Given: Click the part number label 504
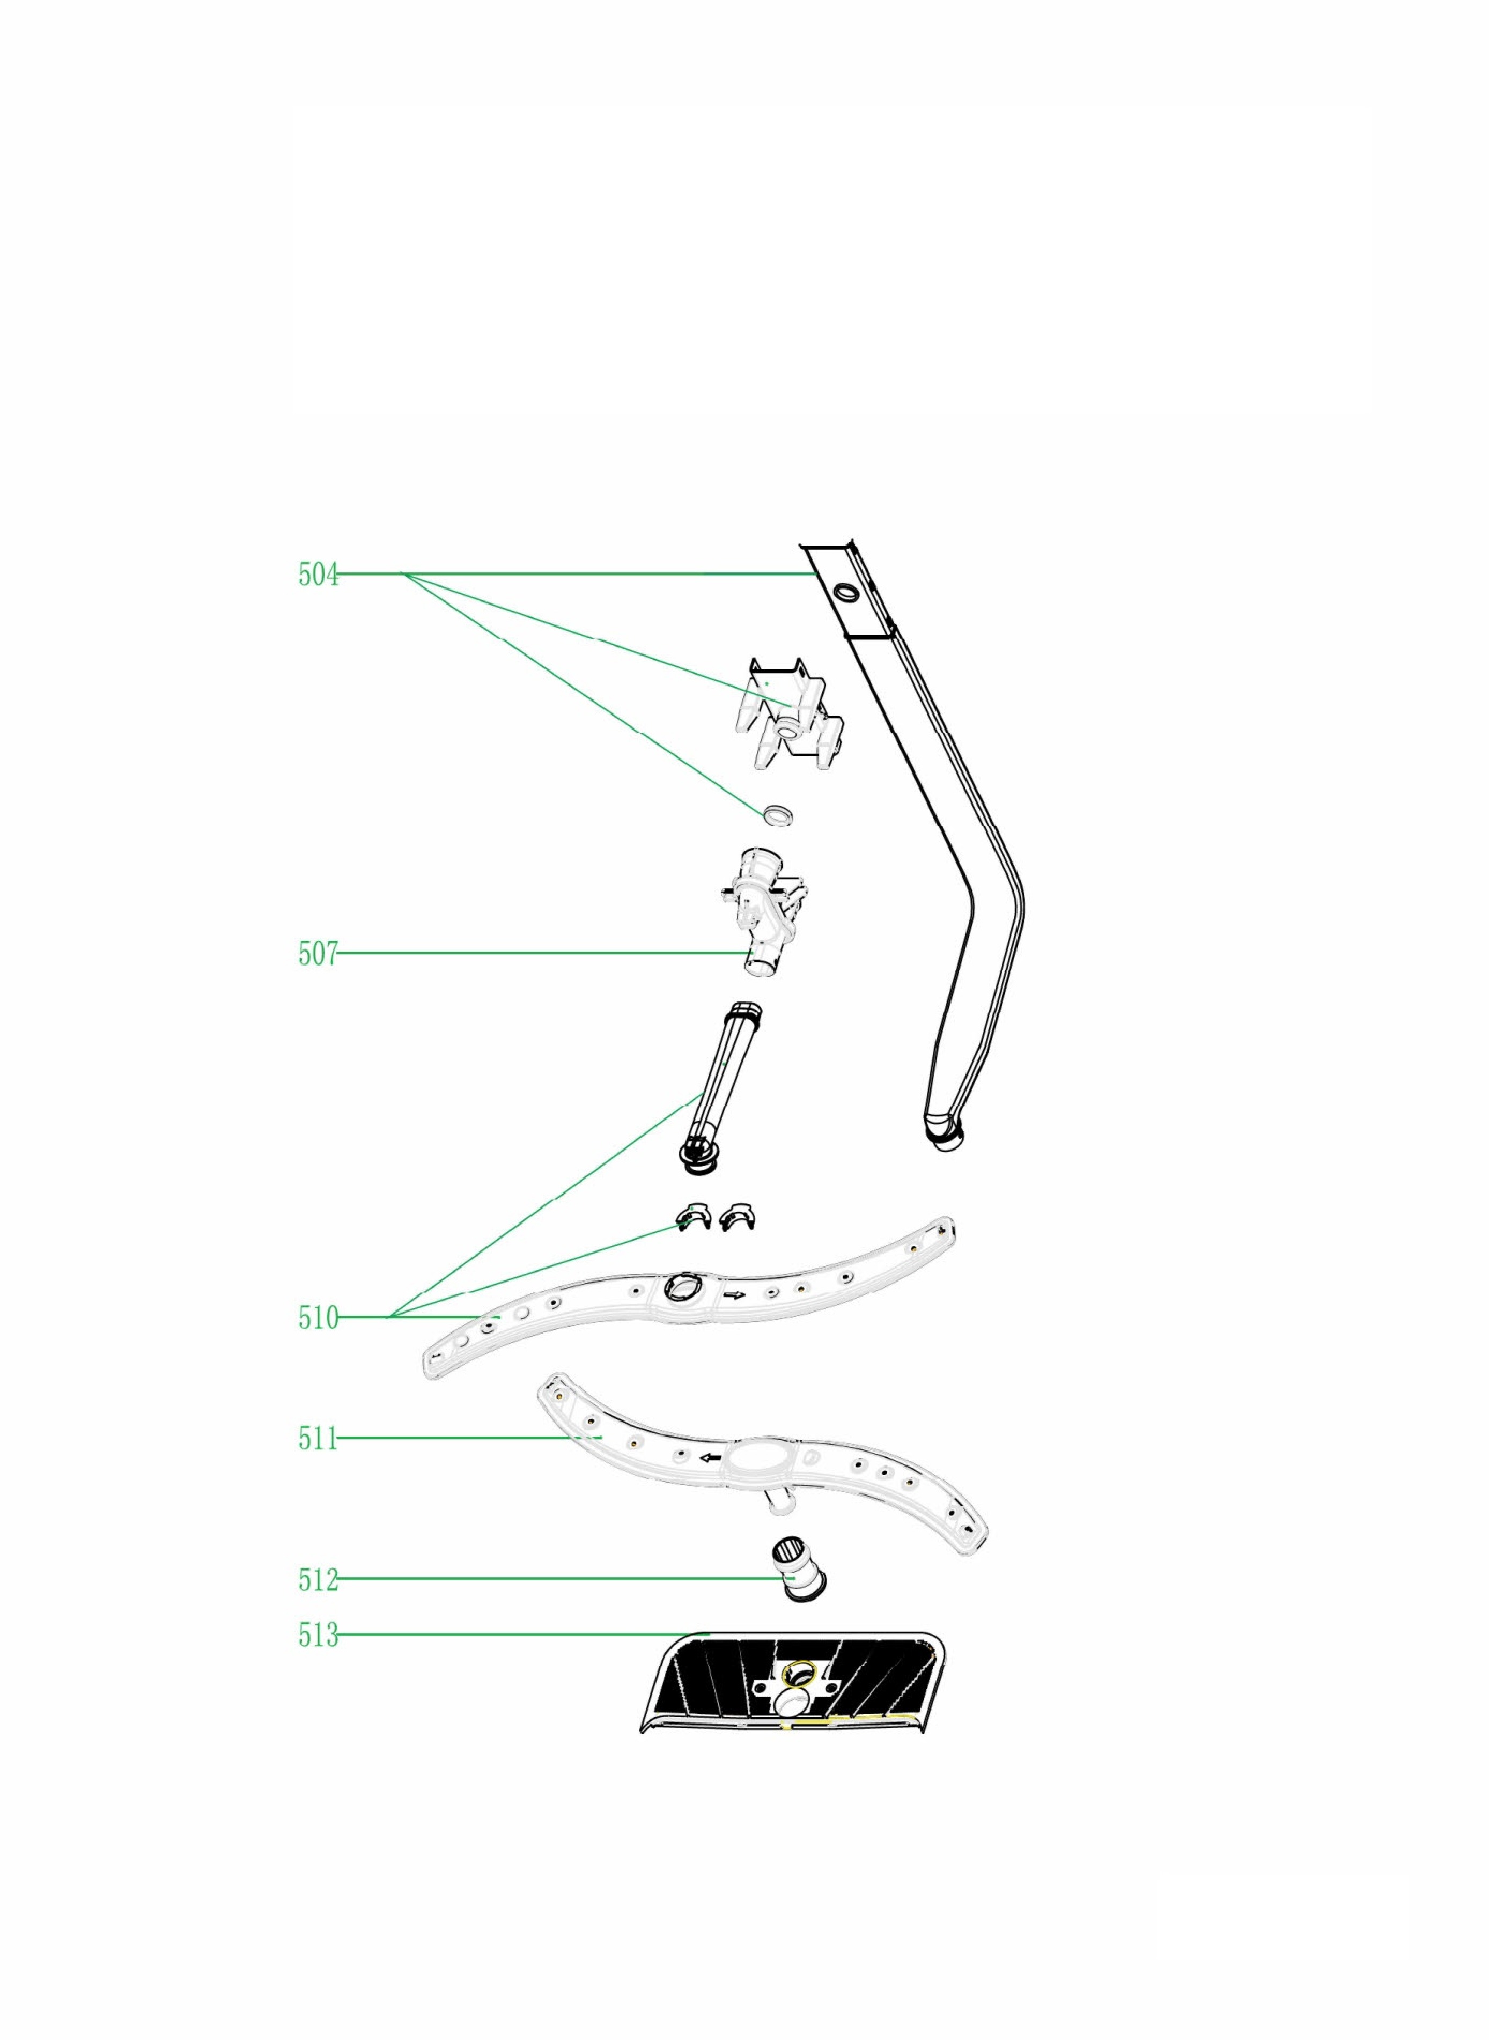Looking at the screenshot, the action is (x=318, y=574).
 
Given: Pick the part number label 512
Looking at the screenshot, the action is (x=318, y=1579).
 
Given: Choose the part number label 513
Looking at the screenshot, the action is (x=318, y=1634).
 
